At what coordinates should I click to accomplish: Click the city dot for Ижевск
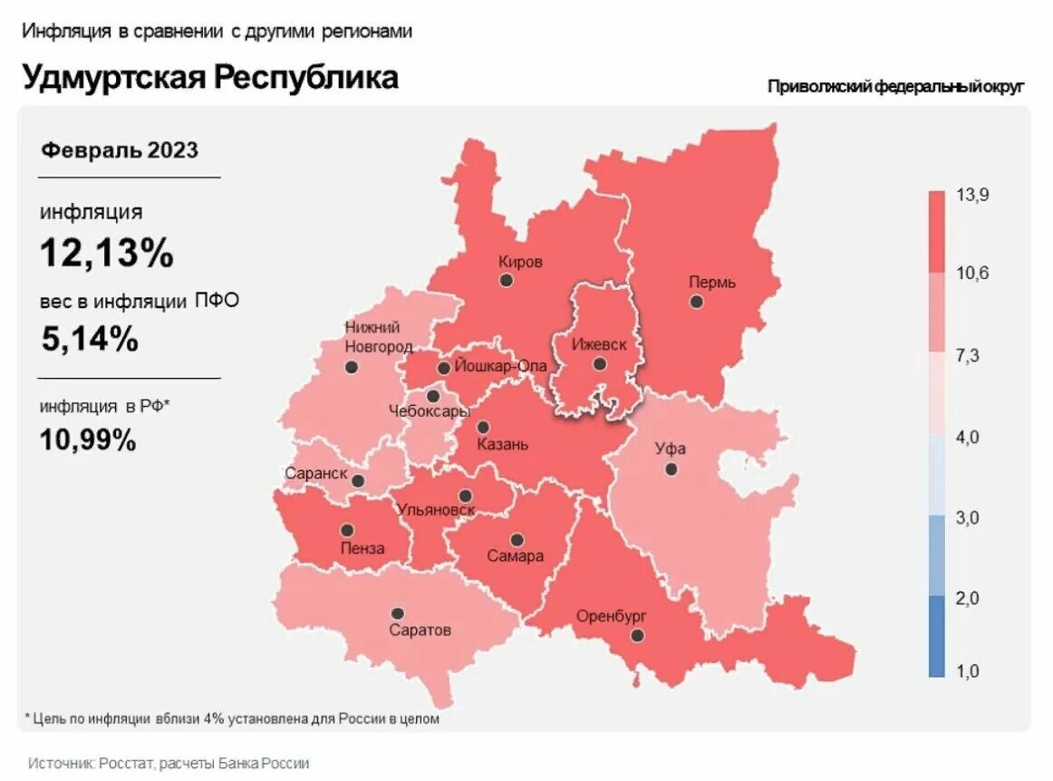click(x=599, y=364)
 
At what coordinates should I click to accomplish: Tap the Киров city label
click(x=520, y=262)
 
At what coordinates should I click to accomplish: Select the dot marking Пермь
click(x=696, y=302)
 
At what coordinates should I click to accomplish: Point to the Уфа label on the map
click(x=671, y=448)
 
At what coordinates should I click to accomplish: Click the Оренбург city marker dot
click(x=638, y=636)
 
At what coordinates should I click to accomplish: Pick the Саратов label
click(x=420, y=631)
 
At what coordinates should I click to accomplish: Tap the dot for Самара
click(x=517, y=540)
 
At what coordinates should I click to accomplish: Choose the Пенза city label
click(x=362, y=548)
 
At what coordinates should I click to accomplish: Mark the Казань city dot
click(x=483, y=427)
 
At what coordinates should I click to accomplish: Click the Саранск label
click(x=315, y=473)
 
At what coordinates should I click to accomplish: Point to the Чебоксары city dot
click(x=433, y=396)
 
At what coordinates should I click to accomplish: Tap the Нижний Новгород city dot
click(x=352, y=367)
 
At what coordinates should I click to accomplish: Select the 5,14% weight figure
click(x=90, y=339)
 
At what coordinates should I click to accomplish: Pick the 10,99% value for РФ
click(x=88, y=440)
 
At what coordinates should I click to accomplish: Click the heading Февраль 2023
click(x=119, y=150)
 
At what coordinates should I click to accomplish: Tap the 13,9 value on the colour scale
click(x=972, y=196)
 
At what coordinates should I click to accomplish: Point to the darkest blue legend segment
click(x=936, y=636)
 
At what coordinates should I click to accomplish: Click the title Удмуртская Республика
click(x=210, y=77)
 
